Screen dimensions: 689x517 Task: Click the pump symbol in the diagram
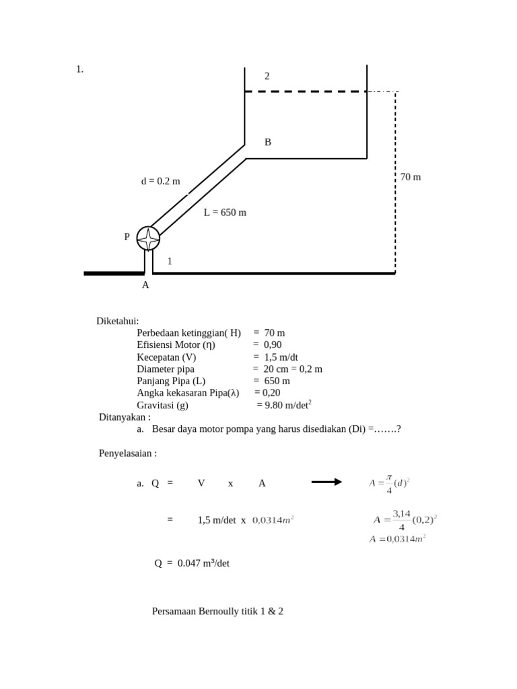(148, 238)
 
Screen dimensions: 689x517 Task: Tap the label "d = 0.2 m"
(160, 181)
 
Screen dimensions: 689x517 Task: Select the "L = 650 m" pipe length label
(225, 213)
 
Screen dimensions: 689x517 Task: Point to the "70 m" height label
(411, 177)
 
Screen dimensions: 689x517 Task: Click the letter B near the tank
(268, 142)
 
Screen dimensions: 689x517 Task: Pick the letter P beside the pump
(127, 237)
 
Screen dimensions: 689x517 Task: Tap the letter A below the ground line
(145, 285)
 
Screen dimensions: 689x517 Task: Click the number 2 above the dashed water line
(267, 76)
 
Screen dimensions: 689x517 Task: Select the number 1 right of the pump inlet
(170, 261)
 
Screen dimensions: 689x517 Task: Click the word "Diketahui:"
(118, 321)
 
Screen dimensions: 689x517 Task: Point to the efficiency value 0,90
(273, 344)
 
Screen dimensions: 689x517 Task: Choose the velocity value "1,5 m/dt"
(281, 357)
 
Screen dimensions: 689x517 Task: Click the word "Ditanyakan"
(123, 416)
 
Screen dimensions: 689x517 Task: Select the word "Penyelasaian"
(126, 453)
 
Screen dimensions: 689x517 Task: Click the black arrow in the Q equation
(326, 482)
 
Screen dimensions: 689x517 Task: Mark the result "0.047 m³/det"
(203, 563)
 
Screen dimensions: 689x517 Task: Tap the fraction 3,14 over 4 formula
(402, 520)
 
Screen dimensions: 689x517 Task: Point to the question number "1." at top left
(79, 69)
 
